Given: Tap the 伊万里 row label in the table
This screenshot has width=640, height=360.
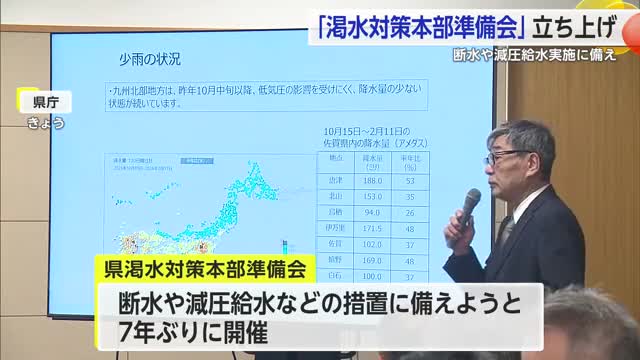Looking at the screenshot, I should [x=336, y=229].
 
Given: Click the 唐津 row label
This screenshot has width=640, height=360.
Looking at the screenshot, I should [x=337, y=182].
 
